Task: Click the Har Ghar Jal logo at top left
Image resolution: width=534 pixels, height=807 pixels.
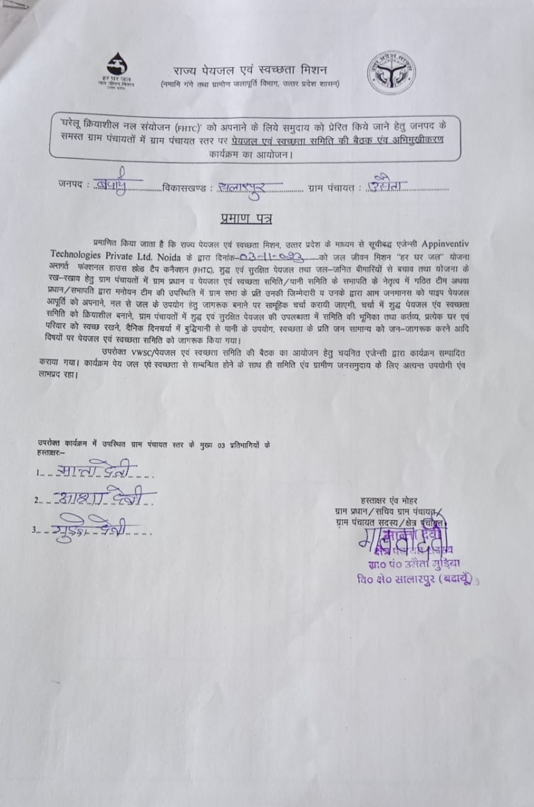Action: [x=117, y=71]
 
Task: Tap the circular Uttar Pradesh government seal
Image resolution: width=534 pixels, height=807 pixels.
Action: [x=392, y=73]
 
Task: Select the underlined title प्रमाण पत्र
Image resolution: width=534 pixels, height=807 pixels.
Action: [x=246, y=219]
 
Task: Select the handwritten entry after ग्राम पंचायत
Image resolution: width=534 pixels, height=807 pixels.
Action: [x=388, y=184]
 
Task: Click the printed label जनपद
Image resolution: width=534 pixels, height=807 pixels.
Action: [x=71, y=186]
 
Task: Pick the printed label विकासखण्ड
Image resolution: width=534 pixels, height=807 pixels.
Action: [x=185, y=187]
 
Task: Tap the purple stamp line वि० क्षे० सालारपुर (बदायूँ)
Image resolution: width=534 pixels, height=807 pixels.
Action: [x=415, y=579]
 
